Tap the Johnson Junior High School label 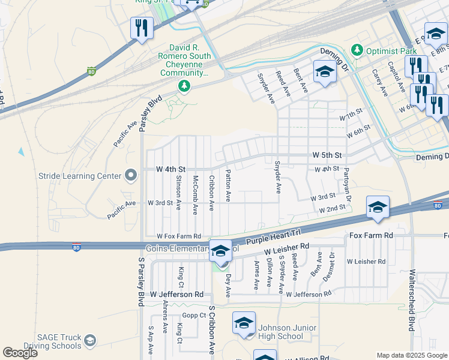point(280,332)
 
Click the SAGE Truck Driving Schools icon point(89,341)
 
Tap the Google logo point(20,353)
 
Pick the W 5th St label point(327,155)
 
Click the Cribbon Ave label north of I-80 point(211,193)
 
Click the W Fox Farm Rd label point(178,236)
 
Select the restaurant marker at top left point(142,28)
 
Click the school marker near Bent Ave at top point(324,73)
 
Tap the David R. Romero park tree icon point(184,87)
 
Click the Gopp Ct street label point(194,315)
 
